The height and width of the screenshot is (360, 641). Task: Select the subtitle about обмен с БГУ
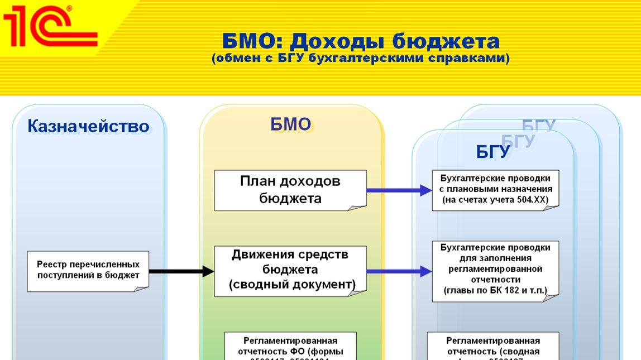coord(360,58)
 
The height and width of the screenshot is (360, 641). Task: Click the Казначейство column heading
coord(89,127)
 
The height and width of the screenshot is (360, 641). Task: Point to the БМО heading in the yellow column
coord(290,124)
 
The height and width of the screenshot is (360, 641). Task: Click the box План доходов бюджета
coord(290,190)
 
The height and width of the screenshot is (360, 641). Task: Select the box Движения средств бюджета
coord(290,270)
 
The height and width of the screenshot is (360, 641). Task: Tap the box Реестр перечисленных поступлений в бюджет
coord(88,271)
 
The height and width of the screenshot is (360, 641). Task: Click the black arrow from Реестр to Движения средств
coord(182,272)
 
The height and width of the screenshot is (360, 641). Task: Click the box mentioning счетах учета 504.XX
coord(495,190)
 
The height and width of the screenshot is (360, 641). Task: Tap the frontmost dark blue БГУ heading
coord(492,152)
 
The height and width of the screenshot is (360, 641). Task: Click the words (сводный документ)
coord(292,285)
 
